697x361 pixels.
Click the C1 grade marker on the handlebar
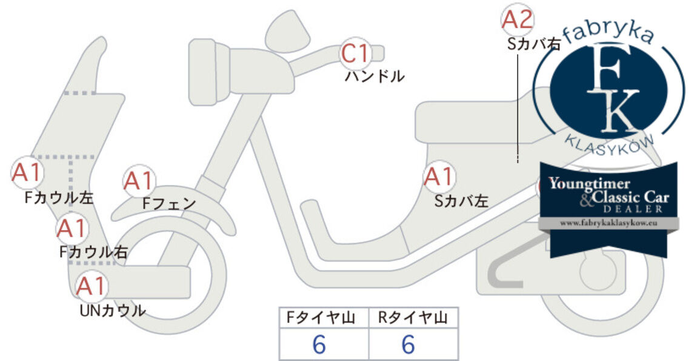[x=356, y=53]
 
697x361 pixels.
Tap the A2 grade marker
[x=518, y=20]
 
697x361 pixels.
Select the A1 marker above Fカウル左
[x=27, y=172]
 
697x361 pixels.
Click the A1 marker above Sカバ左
[x=439, y=177]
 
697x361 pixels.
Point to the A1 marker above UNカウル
[x=91, y=286]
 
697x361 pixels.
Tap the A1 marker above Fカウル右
[x=72, y=229]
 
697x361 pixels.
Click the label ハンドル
[x=375, y=76]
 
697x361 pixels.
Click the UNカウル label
[x=113, y=310]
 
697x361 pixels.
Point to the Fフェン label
[x=169, y=204]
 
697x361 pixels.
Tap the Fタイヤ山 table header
[x=321, y=318]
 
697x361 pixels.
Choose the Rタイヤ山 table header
[x=413, y=318]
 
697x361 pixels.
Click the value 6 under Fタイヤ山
[x=319, y=345]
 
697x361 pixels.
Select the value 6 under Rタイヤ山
[x=409, y=345]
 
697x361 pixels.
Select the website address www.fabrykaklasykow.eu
[x=609, y=223]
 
